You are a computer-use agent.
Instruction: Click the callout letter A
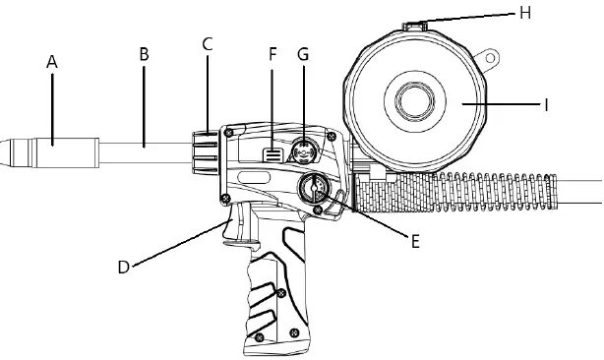click(52, 62)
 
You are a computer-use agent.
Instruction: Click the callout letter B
click(144, 54)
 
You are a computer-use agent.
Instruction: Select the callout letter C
click(207, 44)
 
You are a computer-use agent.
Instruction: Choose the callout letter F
click(272, 54)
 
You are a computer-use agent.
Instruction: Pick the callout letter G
click(302, 54)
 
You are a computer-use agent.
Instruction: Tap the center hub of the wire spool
click(416, 102)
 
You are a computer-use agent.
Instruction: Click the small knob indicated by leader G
click(302, 150)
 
